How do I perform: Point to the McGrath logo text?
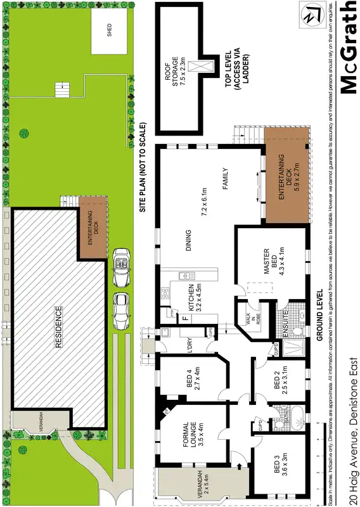coord(348,48)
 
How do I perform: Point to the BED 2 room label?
coord(280,382)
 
